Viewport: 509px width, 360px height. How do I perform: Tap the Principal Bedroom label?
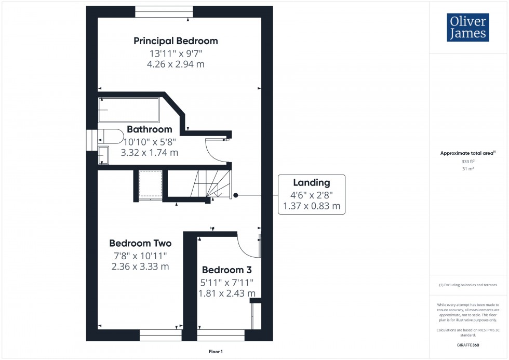coord(176,41)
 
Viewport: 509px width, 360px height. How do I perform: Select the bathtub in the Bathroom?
coord(129,110)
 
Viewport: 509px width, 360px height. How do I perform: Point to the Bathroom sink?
coord(104,155)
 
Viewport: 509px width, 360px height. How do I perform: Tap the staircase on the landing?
coord(210,184)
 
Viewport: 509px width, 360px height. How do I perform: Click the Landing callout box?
coord(312,194)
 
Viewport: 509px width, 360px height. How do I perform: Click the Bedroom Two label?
coord(140,243)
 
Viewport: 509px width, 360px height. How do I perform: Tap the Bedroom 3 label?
coord(226,270)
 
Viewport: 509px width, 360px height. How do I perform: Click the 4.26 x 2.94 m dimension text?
coord(176,64)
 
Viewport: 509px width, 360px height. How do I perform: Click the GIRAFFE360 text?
coord(468,345)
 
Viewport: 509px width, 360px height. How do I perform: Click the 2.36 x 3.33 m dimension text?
coord(140,267)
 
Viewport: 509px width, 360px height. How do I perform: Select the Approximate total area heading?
coord(468,153)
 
